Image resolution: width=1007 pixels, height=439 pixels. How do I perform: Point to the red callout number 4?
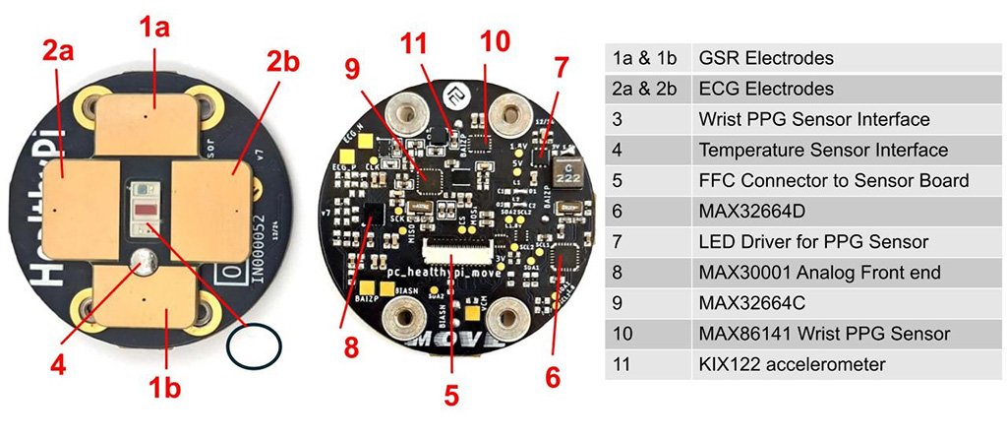point(59,365)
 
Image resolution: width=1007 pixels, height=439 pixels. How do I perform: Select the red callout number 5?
point(451,395)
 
